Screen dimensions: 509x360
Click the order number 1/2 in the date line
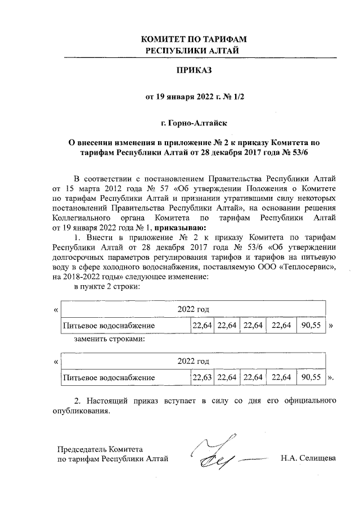[237, 96]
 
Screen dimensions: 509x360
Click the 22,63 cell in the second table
[202, 376]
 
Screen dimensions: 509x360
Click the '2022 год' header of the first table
[193, 309]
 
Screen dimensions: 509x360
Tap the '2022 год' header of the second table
[193, 360]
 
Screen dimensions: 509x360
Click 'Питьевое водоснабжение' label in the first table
[109, 326]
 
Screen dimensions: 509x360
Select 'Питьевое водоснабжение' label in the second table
[109, 376]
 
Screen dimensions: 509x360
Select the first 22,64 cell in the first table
[202, 326]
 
